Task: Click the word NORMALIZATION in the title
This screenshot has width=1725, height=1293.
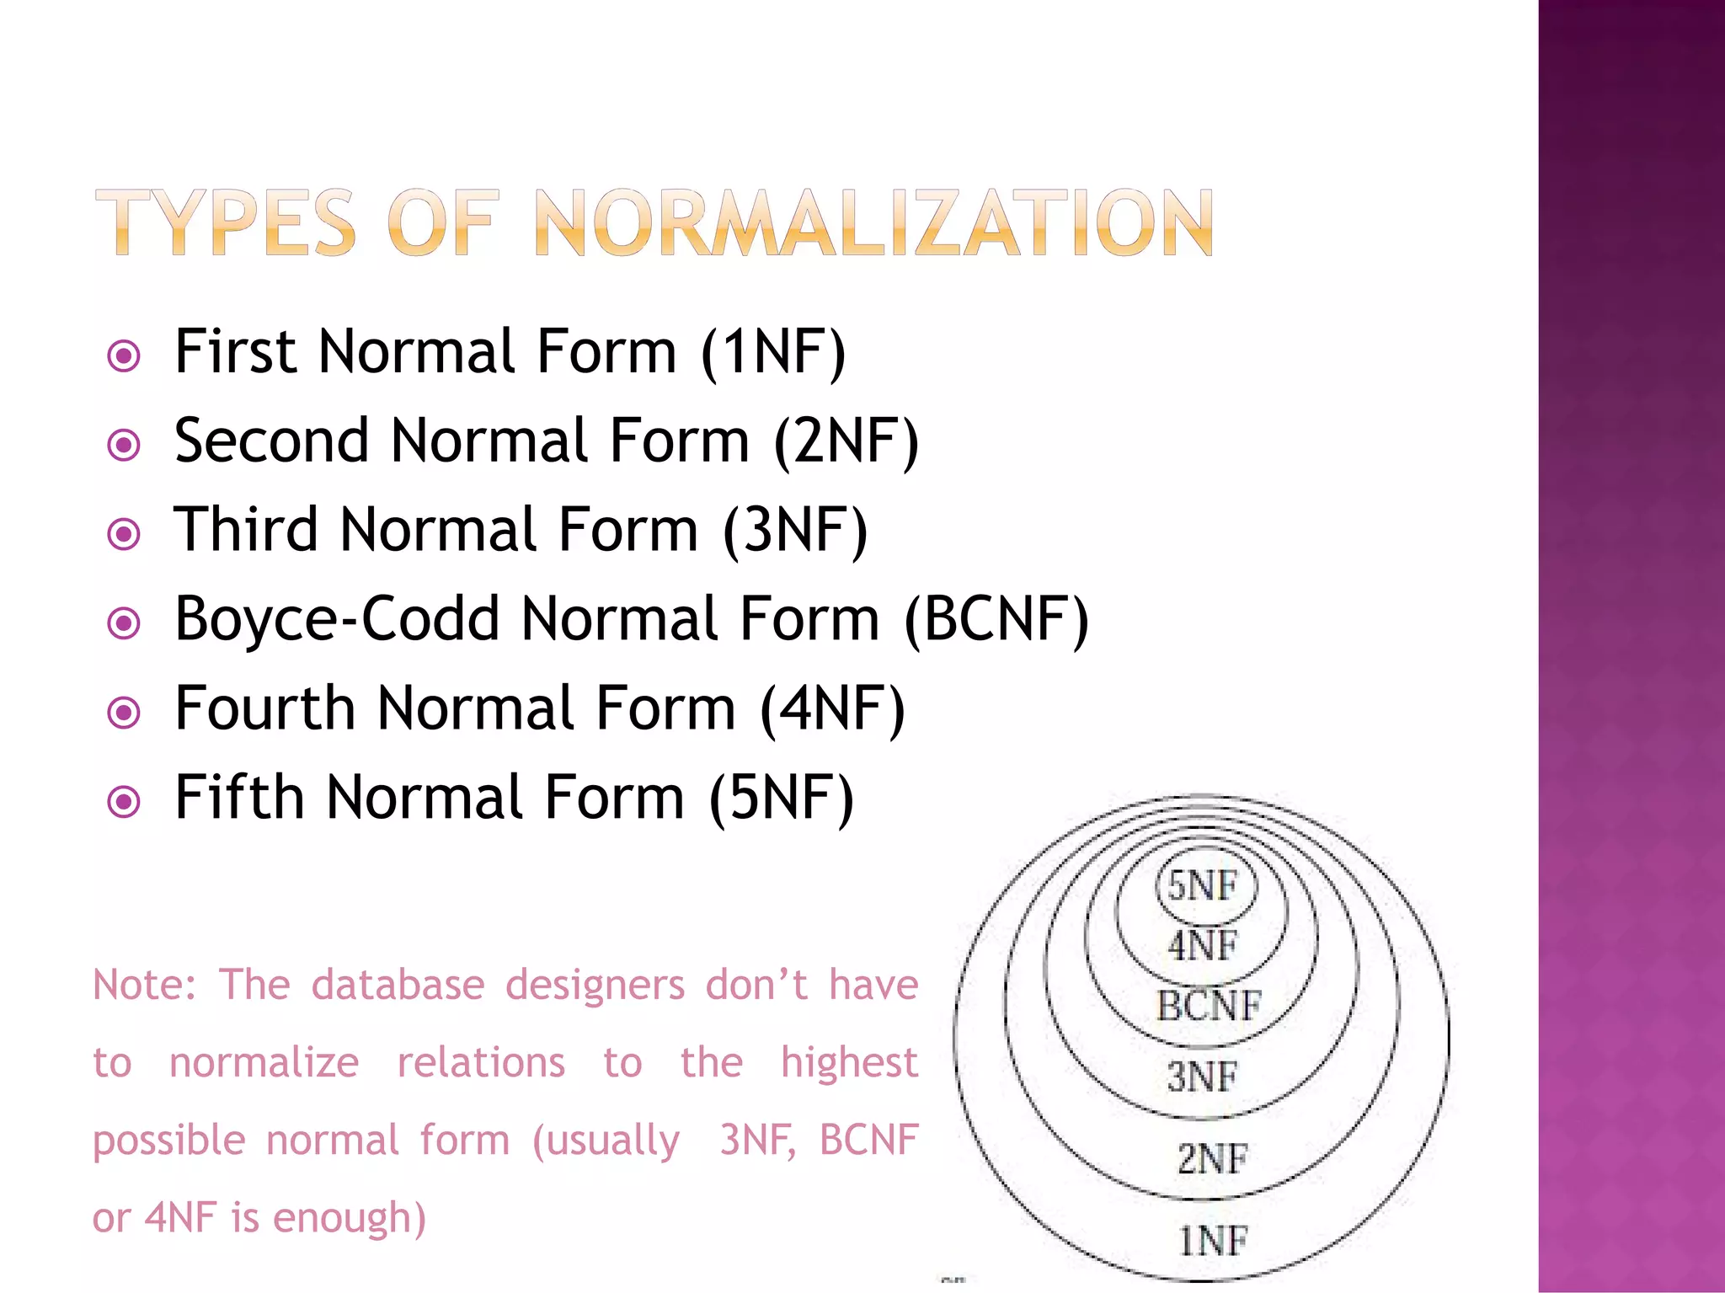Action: click(x=873, y=222)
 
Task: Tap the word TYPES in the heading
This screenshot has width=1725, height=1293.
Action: click(x=225, y=222)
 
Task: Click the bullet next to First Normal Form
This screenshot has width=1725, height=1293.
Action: click(x=125, y=355)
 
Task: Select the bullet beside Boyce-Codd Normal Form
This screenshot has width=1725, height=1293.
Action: click(x=125, y=623)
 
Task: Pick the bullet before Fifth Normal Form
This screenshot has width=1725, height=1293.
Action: click(x=125, y=801)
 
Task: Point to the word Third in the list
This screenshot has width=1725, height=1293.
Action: click(x=246, y=530)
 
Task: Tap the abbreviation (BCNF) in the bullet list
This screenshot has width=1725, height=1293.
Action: click(x=996, y=620)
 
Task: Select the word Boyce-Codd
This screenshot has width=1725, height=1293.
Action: click(x=337, y=620)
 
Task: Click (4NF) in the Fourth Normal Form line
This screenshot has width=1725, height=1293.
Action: click(x=832, y=708)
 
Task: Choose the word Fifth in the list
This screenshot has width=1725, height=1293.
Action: click(x=239, y=798)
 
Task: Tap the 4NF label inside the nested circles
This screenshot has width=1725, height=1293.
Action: click(x=1203, y=946)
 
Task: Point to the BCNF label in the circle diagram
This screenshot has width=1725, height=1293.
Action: click(x=1209, y=1006)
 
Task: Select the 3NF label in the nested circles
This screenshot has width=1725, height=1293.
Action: click(x=1203, y=1077)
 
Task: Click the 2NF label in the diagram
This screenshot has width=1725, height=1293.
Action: click(x=1211, y=1159)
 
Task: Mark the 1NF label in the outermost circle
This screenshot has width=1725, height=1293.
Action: click(x=1211, y=1241)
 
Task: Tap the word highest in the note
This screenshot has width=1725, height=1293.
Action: click(x=848, y=1062)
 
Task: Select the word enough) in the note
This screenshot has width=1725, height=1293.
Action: click(x=350, y=1218)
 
